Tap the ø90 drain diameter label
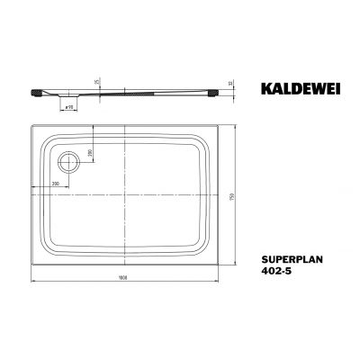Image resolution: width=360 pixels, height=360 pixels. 67,106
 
